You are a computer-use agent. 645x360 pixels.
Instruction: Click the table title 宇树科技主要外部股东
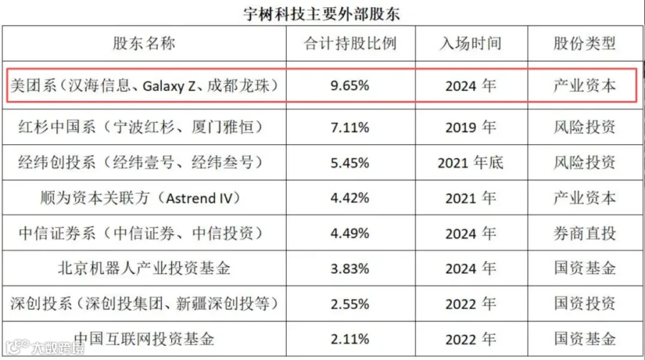[321, 14]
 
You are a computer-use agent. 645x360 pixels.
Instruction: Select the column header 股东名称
[144, 43]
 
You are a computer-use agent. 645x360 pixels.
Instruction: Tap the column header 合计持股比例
[350, 43]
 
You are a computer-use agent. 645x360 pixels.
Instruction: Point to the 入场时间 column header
[471, 43]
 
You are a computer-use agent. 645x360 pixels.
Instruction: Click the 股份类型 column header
[585, 43]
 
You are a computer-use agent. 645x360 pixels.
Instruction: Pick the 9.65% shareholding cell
[350, 85]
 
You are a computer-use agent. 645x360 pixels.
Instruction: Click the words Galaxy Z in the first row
[169, 86]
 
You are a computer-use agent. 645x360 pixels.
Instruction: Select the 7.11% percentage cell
[350, 128]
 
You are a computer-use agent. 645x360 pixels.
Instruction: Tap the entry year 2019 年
[471, 128]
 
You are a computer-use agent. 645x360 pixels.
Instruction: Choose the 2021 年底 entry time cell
[471, 163]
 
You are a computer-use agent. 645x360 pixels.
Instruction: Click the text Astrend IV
[199, 199]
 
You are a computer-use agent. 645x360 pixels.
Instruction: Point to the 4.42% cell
[350, 199]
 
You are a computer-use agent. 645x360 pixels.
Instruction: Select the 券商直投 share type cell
[585, 234]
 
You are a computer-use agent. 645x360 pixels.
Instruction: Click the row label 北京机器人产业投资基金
[144, 269]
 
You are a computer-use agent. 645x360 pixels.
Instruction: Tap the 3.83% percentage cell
[350, 269]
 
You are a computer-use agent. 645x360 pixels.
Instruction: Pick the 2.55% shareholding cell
[350, 304]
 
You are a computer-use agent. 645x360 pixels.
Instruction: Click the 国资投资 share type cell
[585, 303]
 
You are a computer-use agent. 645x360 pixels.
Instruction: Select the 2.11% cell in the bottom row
[350, 339]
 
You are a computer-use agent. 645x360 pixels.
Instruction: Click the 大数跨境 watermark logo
[45, 348]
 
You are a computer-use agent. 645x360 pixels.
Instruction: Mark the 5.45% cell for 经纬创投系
[350, 163]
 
